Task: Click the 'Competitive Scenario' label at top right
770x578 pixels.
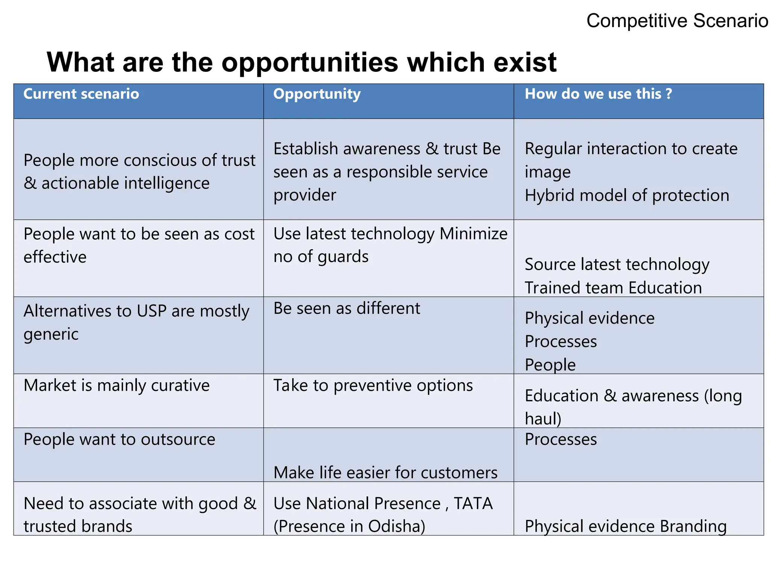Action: click(x=677, y=21)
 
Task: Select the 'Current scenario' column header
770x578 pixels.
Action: click(x=81, y=94)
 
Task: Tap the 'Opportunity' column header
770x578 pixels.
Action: click(x=317, y=94)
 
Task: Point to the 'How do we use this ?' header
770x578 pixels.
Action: click(x=598, y=94)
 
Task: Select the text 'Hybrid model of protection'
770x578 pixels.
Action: click(x=627, y=195)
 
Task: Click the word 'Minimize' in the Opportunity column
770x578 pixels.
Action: click(x=473, y=234)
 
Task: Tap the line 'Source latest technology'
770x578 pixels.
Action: click(x=617, y=264)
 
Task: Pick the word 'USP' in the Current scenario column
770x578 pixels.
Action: click(x=152, y=311)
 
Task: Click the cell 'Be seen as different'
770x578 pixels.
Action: click(x=346, y=308)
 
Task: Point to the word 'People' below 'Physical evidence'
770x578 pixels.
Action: click(x=550, y=365)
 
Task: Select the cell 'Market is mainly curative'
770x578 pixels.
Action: click(x=117, y=385)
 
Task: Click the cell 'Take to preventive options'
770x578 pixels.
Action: click(x=373, y=385)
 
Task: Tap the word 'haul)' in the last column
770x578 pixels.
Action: click(x=543, y=418)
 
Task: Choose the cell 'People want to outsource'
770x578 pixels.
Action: click(x=119, y=439)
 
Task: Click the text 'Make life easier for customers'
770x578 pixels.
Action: click(x=385, y=473)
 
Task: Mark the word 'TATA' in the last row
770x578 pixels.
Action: click(x=473, y=503)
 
